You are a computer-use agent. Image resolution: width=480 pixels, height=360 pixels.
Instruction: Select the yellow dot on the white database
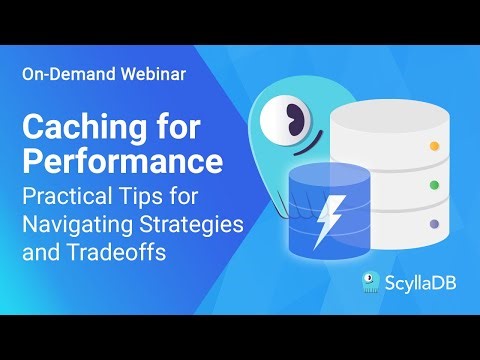point(433,147)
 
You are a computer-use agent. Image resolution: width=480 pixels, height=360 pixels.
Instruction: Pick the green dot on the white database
point(433,185)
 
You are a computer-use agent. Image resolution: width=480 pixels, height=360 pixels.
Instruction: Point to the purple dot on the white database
point(433,224)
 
